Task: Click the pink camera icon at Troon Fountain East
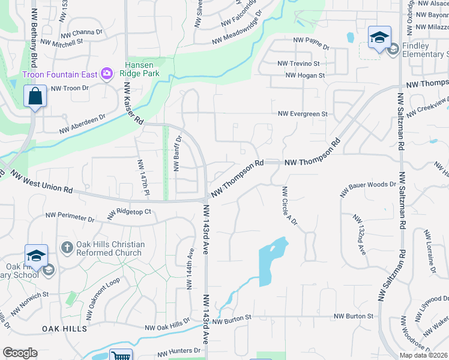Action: tap(107, 74)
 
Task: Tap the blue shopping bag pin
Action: tap(35, 96)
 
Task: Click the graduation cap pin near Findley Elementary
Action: tap(379, 38)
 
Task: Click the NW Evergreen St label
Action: tap(303, 114)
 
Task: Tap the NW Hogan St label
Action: tap(305, 76)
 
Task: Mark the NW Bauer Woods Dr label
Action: tap(367, 189)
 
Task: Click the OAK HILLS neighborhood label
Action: tap(64, 329)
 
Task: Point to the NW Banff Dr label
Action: tap(178, 154)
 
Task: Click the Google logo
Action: tap(20, 353)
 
